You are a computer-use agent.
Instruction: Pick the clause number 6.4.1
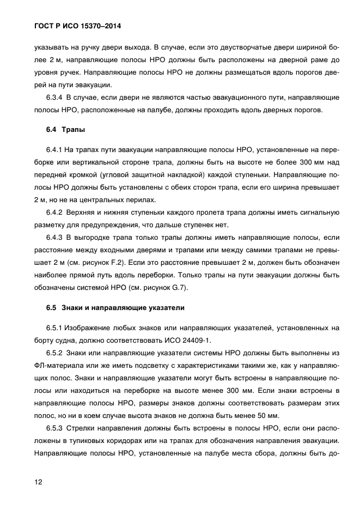pyautogui.click(x=55, y=150)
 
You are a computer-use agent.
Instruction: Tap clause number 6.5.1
pyautogui.click(x=55, y=328)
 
